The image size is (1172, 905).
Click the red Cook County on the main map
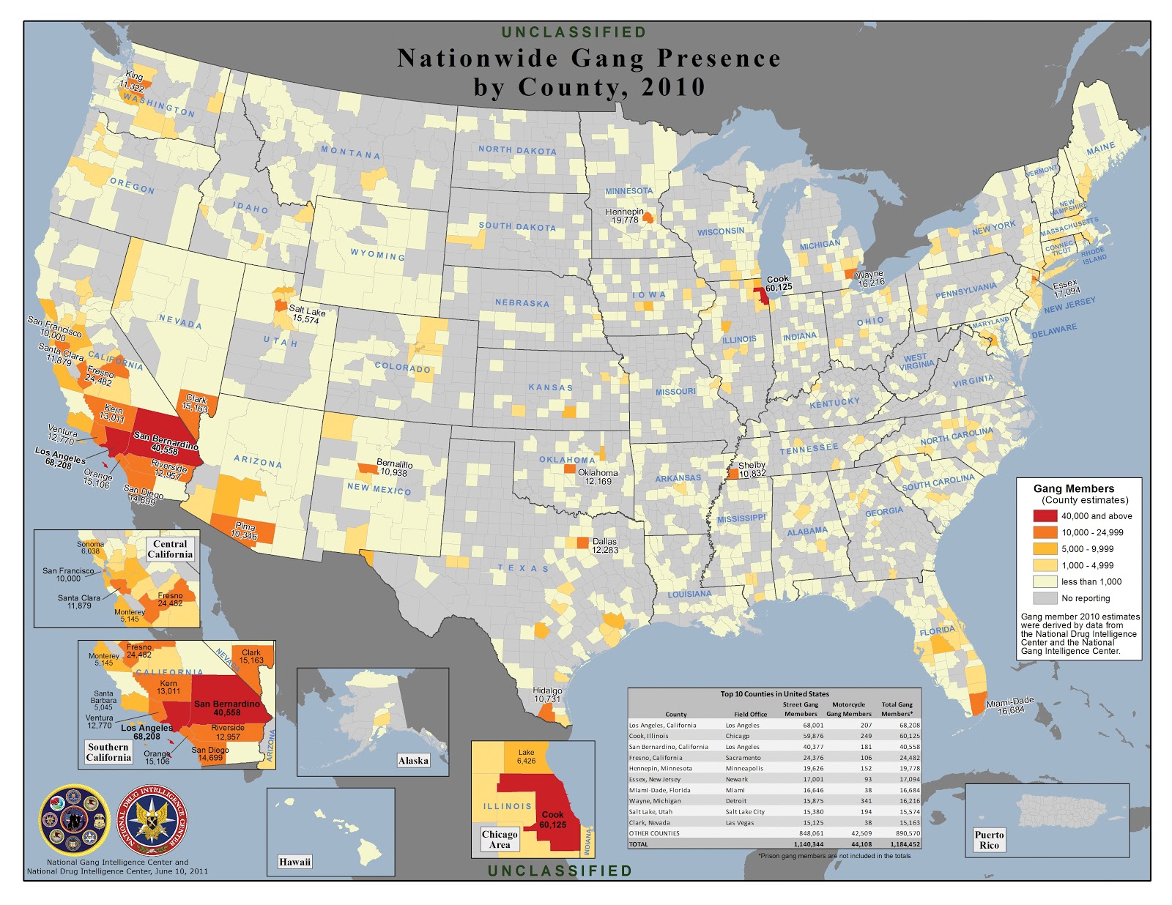[x=762, y=296]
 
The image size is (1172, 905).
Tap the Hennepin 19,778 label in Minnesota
[x=624, y=216]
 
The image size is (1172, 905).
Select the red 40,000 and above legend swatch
[x=1045, y=515]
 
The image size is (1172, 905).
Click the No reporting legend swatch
[x=1045, y=597]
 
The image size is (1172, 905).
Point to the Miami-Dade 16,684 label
[x=1010, y=706]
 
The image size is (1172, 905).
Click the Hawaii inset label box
[x=294, y=862]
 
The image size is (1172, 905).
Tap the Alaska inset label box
[x=413, y=761]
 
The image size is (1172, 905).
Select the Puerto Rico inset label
[x=989, y=840]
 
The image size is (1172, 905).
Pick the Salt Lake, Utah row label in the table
[x=650, y=811]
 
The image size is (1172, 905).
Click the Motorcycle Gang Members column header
[x=848, y=709]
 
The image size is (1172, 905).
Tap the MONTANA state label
[x=351, y=153]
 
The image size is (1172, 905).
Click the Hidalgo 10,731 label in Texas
[x=547, y=695]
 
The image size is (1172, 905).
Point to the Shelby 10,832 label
[x=752, y=469]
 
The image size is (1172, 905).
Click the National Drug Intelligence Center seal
[x=152, y=820]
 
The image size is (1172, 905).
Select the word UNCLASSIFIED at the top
[x=574, y=32]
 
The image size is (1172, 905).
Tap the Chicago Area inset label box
[x=500, y=839]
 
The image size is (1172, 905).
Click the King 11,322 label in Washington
[x=133, y=81]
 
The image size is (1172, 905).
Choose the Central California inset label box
[x=170, y=549]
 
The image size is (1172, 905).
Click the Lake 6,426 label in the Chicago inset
[x=526, y=756]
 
